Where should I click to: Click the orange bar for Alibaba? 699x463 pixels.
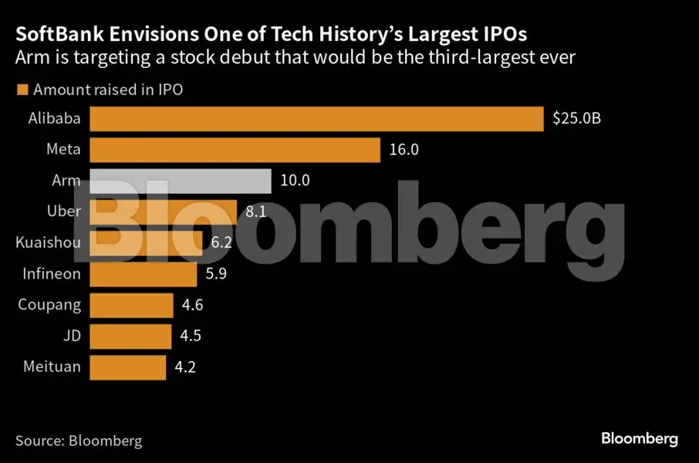pyautogui.click(x=317, y=120)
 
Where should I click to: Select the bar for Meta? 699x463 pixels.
pyautogui.click(x=235, y=150)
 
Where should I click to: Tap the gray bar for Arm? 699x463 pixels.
pyautogui.click(x=181, y=181)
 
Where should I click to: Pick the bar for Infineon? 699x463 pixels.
pyautogui.click(x=144, y=273)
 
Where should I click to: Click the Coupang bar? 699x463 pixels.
pyautogui.click(x=131, y=304)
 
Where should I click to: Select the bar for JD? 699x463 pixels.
pyautogui.click(x=130, y=335)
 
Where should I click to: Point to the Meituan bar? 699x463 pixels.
pyautogui.click(x=127, y=367)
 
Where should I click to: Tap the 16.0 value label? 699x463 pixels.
pyautogui.click(x=404, y=150)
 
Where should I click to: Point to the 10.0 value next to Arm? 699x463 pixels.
pyautogui.click(x=295, y=181)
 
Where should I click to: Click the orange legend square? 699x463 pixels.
pyautogui.click(x=22, y=90)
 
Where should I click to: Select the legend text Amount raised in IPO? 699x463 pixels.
pyautogui.click(x=108, y=90)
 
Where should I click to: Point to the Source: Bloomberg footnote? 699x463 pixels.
pyautogui.click(x=79, y=441)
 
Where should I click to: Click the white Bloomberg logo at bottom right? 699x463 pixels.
pyautogui.click(x=640, y=438)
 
